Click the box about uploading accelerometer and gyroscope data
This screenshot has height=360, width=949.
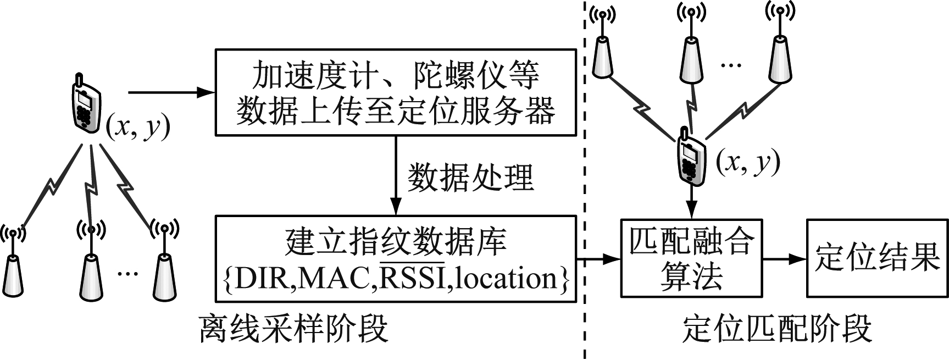tap(395, 92)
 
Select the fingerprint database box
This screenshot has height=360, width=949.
tap(395, 258)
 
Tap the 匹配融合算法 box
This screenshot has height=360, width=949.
tap(691, 258)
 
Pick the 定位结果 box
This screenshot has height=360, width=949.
tap(877, 258)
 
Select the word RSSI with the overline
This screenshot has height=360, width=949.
tap(413, 278)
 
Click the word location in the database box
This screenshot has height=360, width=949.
tap(506, 278)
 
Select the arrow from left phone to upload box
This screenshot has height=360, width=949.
tap(170, 92)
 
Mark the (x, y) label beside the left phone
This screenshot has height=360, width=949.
tap(137, 128)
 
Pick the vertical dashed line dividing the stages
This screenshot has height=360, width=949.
tap(585, 181)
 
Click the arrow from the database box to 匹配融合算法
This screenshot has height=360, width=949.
tap(598, 258)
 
